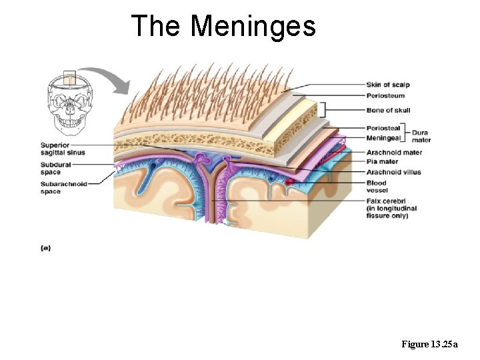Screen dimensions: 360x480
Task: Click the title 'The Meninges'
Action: tap(223, 27)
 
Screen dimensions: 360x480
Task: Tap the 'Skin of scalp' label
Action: tap(387, 85)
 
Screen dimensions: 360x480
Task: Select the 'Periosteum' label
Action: tap(385, 96)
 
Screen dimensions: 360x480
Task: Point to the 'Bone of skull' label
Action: tap(388, 111)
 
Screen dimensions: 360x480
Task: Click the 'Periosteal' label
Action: tap(383, 128)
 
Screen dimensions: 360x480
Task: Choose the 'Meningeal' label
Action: tap(383, 138)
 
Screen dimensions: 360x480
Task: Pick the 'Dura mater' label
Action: tap(421, 136)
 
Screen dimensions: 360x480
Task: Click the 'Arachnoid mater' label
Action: tap(394, 153)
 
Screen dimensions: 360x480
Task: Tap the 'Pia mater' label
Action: tap(382, 162)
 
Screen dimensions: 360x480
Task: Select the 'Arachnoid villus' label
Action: tap(393, 172)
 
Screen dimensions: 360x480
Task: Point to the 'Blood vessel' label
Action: tap(376, 186)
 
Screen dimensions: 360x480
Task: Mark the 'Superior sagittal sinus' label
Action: tap(63, 149)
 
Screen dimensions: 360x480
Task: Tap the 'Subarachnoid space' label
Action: tap(63, 187)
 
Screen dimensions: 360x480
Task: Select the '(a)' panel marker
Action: tap(45, 248)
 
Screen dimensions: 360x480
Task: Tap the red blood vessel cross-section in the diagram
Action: tap(289, 181)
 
